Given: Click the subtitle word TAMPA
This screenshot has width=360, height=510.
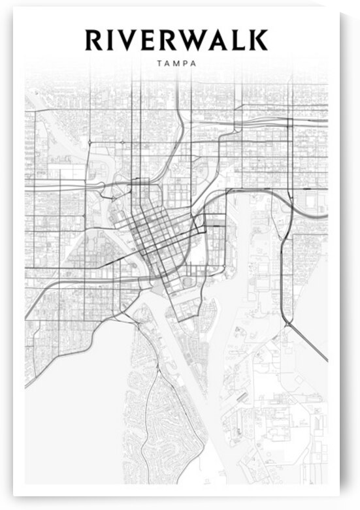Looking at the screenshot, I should click(178, 64).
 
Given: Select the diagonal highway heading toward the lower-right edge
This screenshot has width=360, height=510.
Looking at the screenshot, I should click(307, 340).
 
